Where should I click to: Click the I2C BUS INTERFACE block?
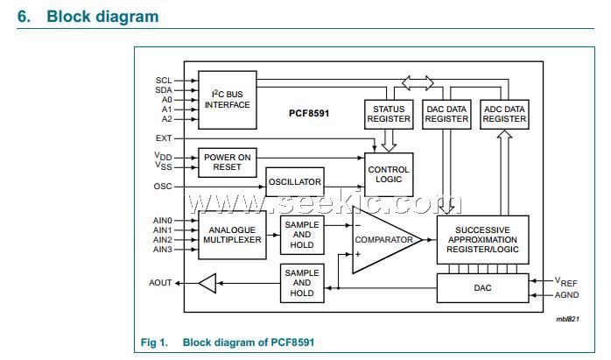pos(227,98)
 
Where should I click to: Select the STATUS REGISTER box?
pos(388,114)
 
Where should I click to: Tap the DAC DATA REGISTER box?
pos(446,114)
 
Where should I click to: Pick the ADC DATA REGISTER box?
pos(504,114)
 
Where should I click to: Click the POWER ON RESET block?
pos(227,162)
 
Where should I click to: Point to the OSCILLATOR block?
pos(295,182)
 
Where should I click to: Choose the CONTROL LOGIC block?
pos(389,174)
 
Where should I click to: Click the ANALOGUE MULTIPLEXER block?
pos(233,233)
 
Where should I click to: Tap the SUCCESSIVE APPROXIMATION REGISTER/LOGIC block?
pos(482,239)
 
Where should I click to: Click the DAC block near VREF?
pos(482,287)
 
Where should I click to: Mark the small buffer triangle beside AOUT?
pos(207,283)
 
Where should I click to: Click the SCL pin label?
pos(164,80)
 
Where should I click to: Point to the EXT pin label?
pos(164,138)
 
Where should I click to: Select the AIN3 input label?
pos(163,250)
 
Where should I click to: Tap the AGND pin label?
pos(566,295)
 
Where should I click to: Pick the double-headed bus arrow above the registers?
pos(417,82)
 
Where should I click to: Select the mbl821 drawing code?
pos(566,321)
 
